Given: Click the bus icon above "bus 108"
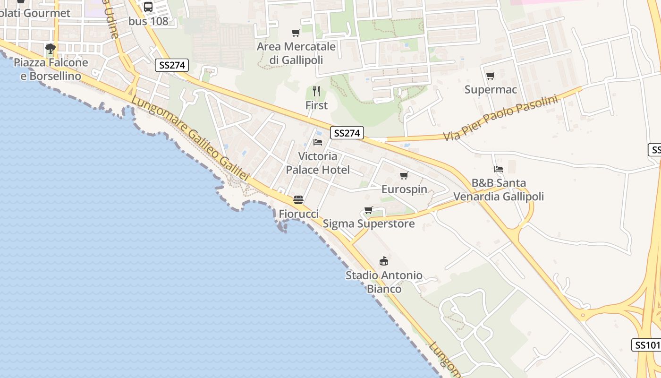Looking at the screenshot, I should tap(148, 7).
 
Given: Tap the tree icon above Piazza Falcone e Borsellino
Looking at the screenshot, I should tap(51, 48).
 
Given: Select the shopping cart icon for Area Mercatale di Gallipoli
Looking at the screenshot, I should tap(296, 33).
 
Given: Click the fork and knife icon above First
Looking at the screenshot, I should tap(316, 91).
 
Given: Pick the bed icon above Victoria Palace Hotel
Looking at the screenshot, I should tap(318, 142).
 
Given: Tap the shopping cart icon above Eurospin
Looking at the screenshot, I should tap(404, 176).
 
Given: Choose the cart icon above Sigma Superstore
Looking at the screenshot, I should tap(369, 210).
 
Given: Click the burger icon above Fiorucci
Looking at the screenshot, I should tap(298, 200).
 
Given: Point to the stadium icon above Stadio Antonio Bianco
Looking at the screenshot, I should tap(384, 261).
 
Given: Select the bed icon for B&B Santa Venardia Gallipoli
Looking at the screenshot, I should tap(499, 169).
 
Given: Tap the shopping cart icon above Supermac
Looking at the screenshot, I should tap(491, 76).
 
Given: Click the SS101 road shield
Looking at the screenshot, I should tap(647, 345).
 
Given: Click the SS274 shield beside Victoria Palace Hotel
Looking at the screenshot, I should tap(347, 133).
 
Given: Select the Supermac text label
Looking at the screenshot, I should tap(491, 90).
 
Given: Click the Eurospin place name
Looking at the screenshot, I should tap(404, 189).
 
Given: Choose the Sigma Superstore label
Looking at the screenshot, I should tap(369, 223).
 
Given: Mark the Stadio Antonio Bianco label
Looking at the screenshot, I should tap(384, 282).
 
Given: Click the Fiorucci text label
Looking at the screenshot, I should tap(298, 214).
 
